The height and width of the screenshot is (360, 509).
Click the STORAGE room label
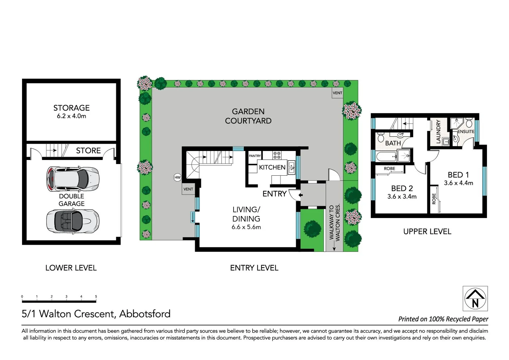coord(71,108)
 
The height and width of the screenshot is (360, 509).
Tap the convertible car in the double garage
coord(73,221)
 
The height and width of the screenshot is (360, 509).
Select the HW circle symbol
coord(178,177)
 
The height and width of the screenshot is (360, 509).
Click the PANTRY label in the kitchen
coord(255,156)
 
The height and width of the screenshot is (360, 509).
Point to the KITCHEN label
coord(272,167)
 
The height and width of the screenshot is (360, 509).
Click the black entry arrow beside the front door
coord(300,195)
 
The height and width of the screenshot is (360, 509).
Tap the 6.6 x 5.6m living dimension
coord(246,227)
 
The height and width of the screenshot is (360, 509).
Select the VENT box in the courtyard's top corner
coord(337,93)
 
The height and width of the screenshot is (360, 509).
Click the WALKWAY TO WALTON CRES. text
coord(334,222)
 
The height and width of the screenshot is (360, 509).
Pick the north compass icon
coord(475,298)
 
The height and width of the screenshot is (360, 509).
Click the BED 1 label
coord(458,175)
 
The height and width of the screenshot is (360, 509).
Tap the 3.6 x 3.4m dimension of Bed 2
coord(402,197)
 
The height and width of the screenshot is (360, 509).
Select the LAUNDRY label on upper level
coord(438,132)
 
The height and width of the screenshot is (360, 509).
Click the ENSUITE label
coord(466,132)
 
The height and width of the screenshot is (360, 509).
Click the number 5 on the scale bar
coord(96,296)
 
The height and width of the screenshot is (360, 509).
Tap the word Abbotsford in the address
coord(145,314)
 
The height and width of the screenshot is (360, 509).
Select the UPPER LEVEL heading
coord(427,231)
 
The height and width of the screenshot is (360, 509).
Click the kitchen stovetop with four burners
coord(277,155)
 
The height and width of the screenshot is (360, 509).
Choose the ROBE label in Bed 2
coord(389,169)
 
